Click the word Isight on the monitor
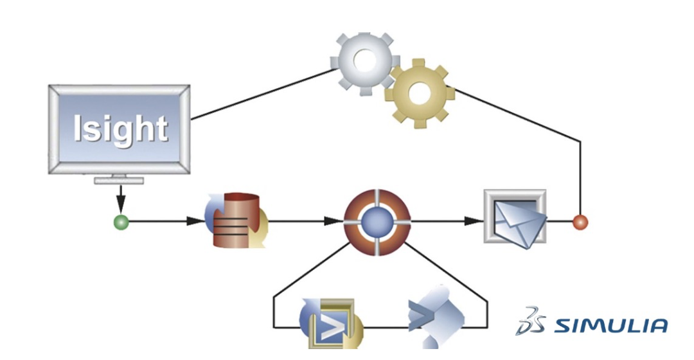tap(120, 129)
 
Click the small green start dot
tap(121, 222)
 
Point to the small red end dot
tap(580, 222)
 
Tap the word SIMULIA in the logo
tap(610, 325)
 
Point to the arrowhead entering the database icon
tap(195, 222)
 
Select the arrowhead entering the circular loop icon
tap(334, 222)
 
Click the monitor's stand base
tap(120, 181)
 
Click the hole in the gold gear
tap(419, 94)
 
